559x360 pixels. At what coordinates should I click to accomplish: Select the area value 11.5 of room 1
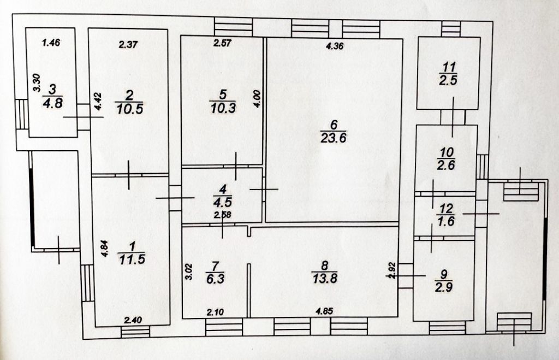coord(130,259)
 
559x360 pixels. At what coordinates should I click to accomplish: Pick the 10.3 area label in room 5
coord(223,108)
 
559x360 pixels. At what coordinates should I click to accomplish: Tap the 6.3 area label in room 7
coord(215,277)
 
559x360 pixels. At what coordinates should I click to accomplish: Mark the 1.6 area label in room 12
coord(446,222)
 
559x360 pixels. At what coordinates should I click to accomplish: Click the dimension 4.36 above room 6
coord(334,46)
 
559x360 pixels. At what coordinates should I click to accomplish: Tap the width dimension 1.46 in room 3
coord(51,42)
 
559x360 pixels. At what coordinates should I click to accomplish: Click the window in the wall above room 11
coord(451,27)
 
